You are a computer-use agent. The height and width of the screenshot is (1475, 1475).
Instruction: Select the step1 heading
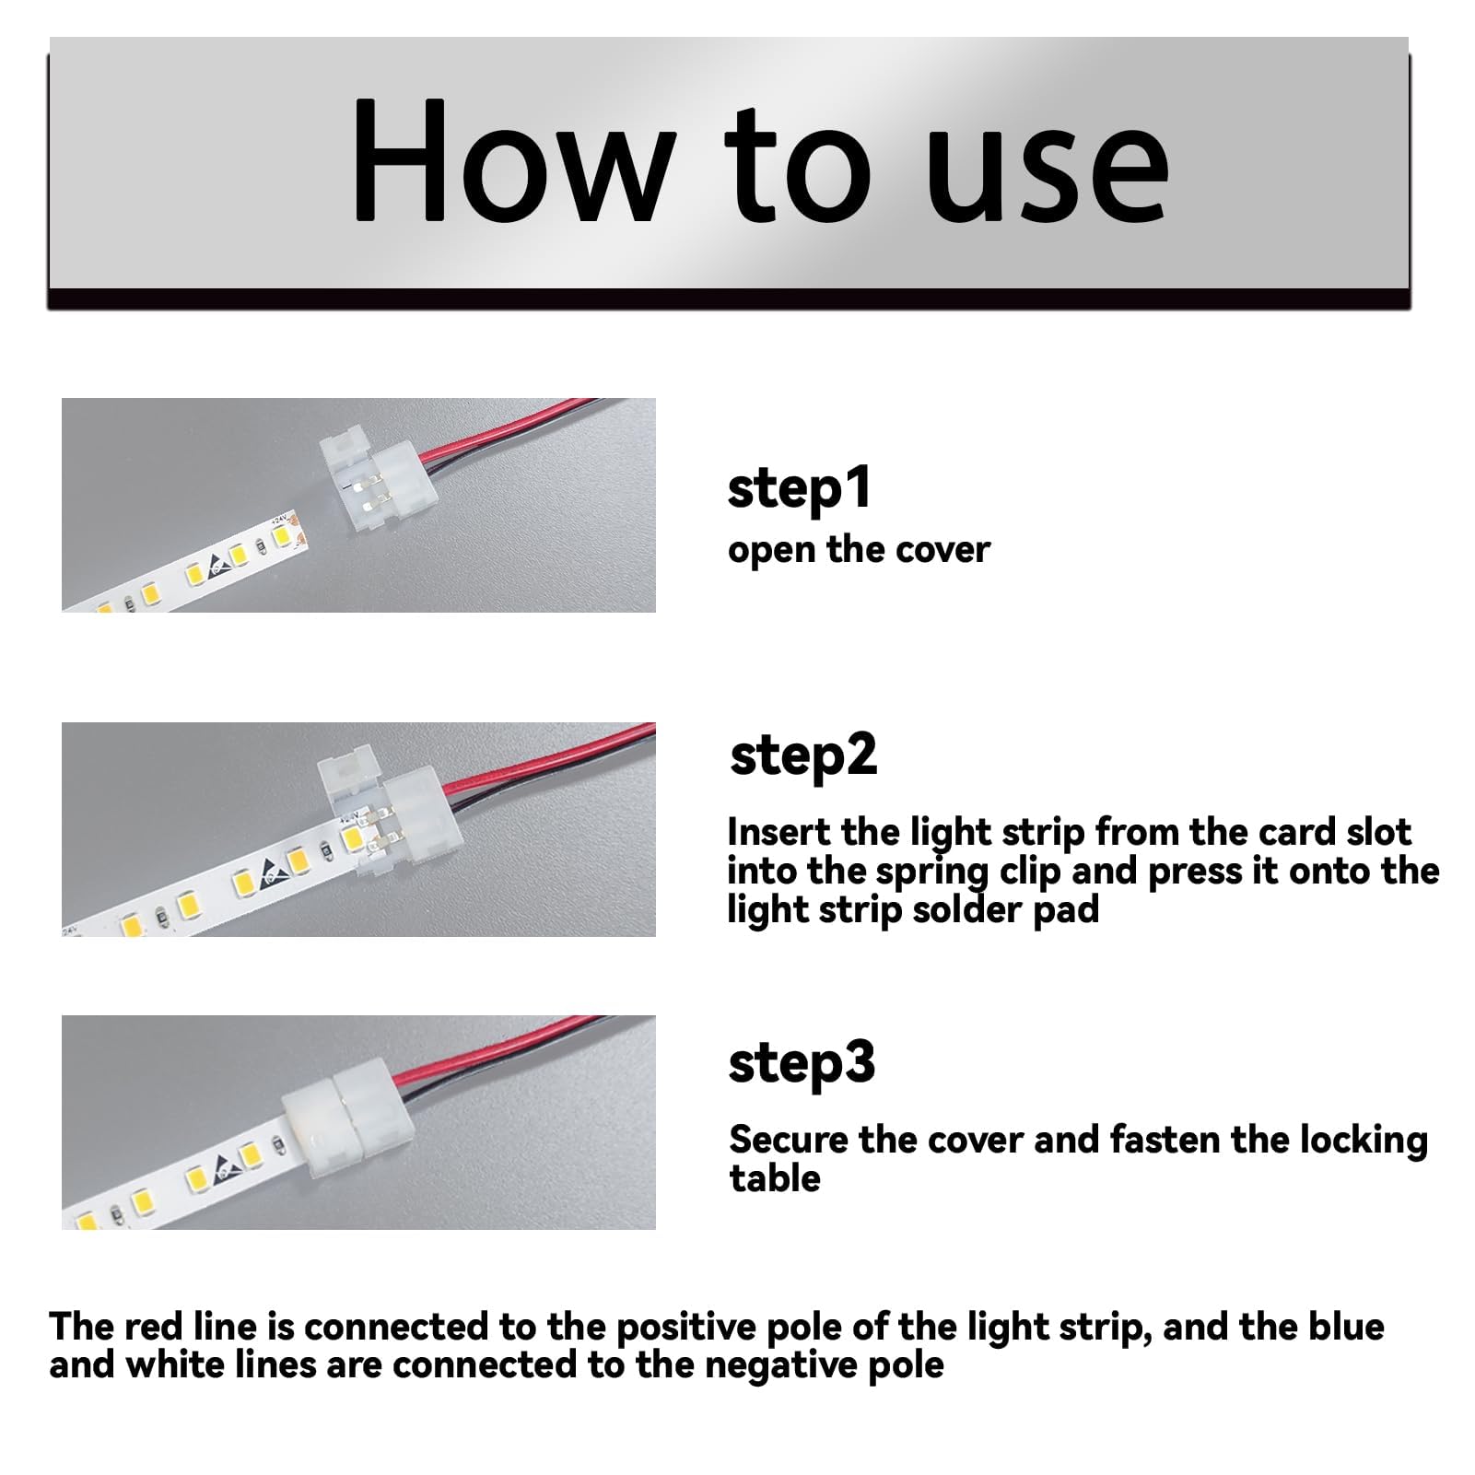click(799, 488)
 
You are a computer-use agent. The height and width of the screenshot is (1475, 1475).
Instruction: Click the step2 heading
click(802, 756)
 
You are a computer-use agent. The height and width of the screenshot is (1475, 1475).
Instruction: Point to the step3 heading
click(802, 1063)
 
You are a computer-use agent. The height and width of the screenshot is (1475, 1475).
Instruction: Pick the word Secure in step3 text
click(789, 1140)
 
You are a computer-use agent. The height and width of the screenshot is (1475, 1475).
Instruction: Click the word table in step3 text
click(775, 1178)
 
